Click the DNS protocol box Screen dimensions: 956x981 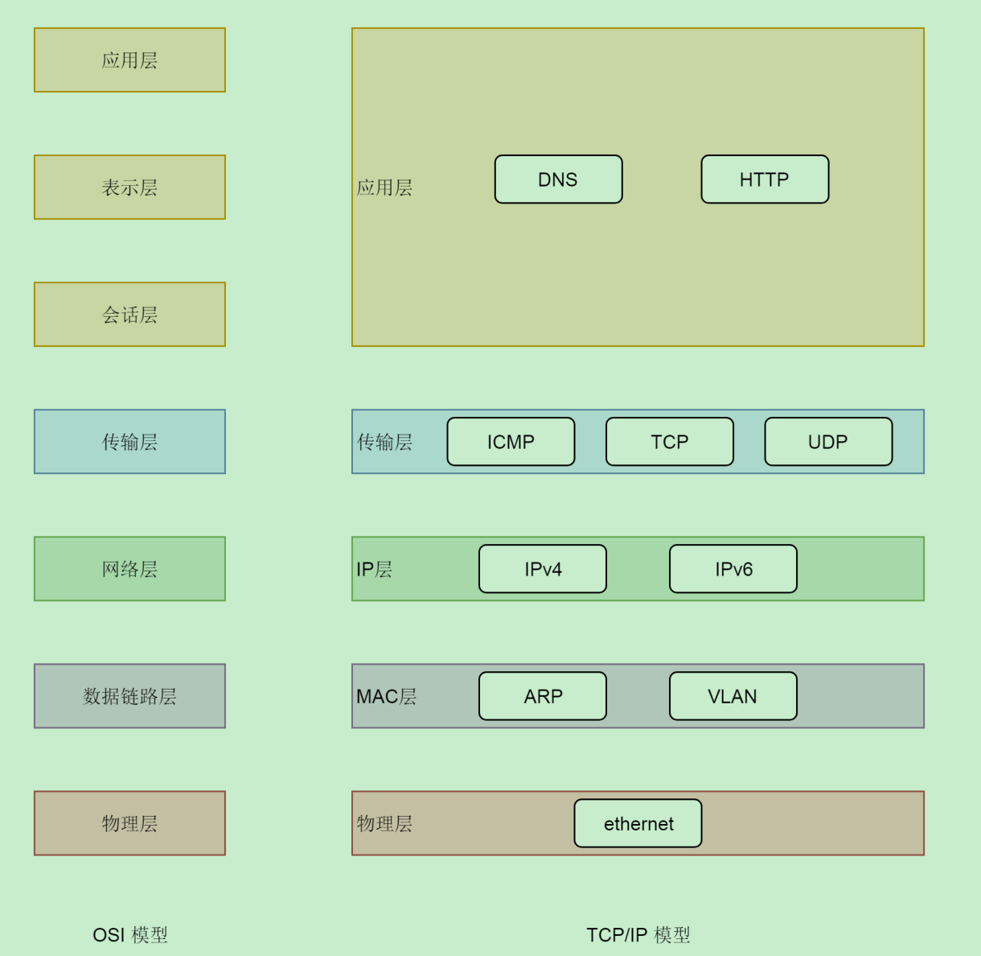[x=558, y=179]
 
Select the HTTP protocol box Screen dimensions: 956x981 [x=765, y=179]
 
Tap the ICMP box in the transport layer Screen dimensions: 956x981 [x=511, y=442]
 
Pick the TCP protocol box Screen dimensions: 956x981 [x=669, y=442]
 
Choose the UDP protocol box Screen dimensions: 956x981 [x=828, y=442]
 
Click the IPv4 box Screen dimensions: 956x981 [x=543, y=569]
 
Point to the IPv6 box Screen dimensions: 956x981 [x=733, y=569]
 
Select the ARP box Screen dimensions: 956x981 [x=543, y=696]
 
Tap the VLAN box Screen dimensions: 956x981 [x=733, y=696]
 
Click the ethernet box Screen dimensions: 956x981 [x=638, y=823]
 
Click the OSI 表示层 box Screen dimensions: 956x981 [x=129, y=187]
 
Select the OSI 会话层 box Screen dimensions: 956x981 [x=129, y=315]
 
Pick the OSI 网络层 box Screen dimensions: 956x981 [x=129, y=569]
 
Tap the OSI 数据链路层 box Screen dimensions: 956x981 [x=129, y=696]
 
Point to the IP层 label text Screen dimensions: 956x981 [x=375, y=570]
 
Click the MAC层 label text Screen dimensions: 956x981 [x=387, y=697]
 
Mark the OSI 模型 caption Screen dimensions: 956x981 [x=130, y=935]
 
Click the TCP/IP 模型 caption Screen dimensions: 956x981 [x=638, y=935]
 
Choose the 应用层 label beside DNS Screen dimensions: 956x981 [x=384, y=188]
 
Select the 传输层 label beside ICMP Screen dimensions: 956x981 [x=384, y=443]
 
